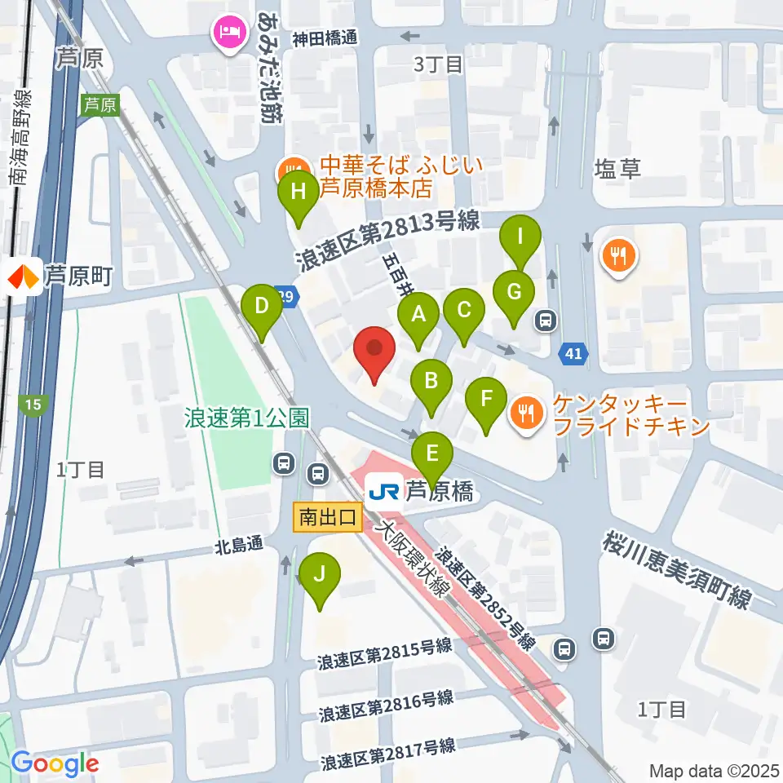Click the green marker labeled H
point(298,194)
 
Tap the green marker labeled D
point(261,307)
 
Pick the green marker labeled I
point(520,239)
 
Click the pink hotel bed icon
point(225,33)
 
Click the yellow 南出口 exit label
point(326,516)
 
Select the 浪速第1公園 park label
point(247,418)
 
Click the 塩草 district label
point(617,169)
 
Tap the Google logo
point(55,764)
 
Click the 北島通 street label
point(239,544)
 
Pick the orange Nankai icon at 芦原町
point(23,278)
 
